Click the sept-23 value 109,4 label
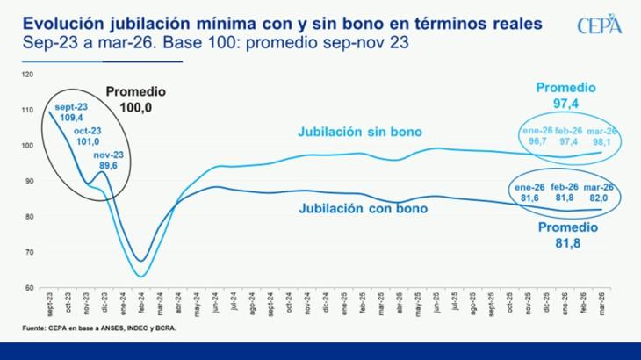[x=68, y=112]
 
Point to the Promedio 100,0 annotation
[x=136, y=98]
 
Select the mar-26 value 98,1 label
[x=601, y=136]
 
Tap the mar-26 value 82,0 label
[x=601, y=192]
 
